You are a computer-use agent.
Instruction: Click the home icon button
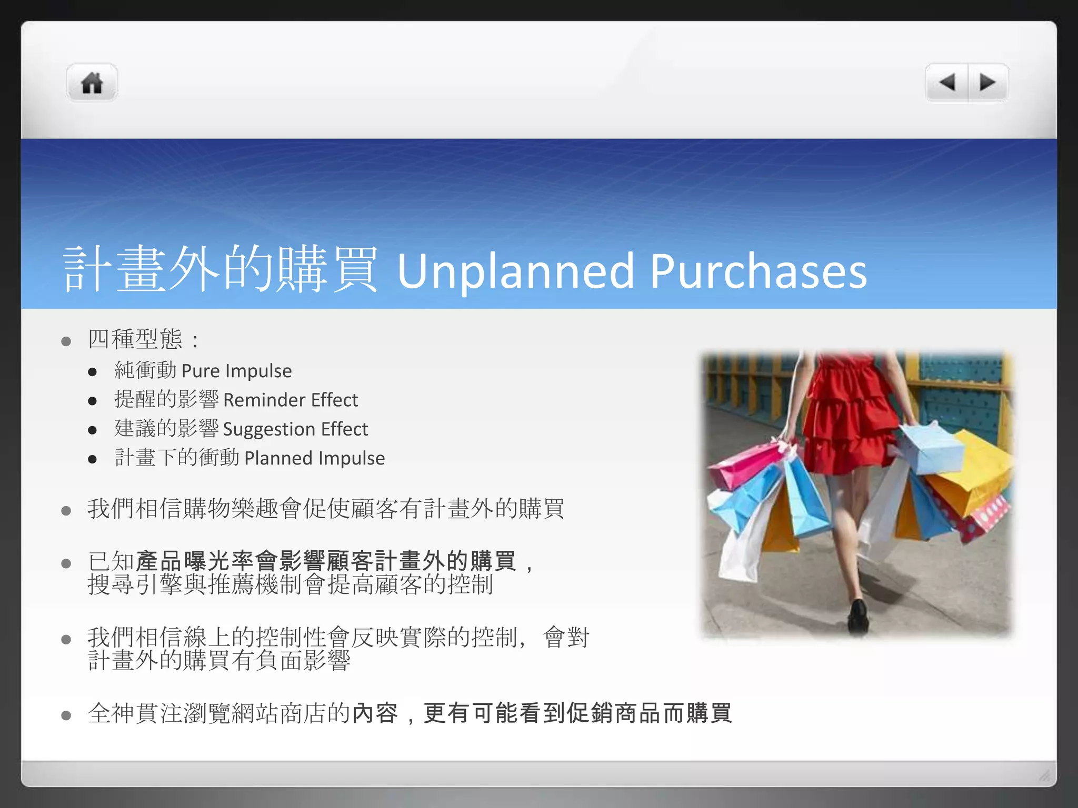92,83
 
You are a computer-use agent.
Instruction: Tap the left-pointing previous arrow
947,83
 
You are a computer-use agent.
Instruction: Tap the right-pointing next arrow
987,83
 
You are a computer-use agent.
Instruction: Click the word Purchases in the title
758,271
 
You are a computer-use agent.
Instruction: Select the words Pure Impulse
236,371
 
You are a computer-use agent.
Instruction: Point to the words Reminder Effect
290,400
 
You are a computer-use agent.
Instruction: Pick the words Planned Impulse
314,458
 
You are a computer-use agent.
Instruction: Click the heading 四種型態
135,339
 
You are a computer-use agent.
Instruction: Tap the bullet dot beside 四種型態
66,342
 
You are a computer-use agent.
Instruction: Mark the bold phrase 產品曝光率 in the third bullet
195,561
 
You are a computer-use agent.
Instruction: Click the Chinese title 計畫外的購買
220,270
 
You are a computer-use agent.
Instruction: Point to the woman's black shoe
858,615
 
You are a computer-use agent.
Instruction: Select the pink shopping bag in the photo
747,463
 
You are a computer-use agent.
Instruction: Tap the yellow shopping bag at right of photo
974,473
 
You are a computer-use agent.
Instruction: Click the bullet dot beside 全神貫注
66,715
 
